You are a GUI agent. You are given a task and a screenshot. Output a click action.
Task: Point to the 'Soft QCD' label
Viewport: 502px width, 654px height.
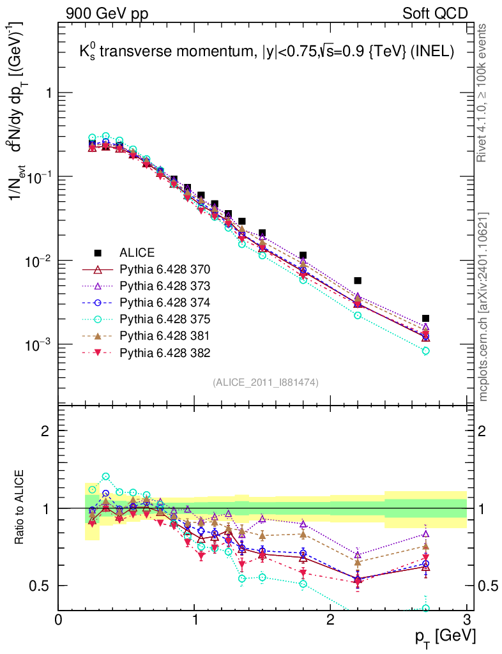[x=435, y=13]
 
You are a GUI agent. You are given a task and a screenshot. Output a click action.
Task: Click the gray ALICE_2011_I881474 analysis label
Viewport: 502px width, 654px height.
[x=265, y=382]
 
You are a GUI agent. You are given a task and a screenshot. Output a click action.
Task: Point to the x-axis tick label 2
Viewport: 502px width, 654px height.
[x=330, y=620]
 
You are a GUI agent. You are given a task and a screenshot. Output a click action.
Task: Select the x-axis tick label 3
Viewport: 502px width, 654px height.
[x=467, y=620]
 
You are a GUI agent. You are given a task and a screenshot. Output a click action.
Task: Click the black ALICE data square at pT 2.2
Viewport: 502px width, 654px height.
[x=358, y=280]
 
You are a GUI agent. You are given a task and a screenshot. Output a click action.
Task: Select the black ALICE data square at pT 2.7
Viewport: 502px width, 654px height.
[x=426, y=318]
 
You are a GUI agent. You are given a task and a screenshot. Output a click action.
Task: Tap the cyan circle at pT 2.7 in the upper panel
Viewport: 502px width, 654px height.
[x=426, y=351]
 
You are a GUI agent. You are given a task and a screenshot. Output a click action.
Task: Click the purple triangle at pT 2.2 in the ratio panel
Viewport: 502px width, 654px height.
[x=358, y=555]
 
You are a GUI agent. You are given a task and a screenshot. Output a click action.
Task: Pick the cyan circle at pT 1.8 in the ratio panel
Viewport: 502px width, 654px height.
[x=303, y=584]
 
